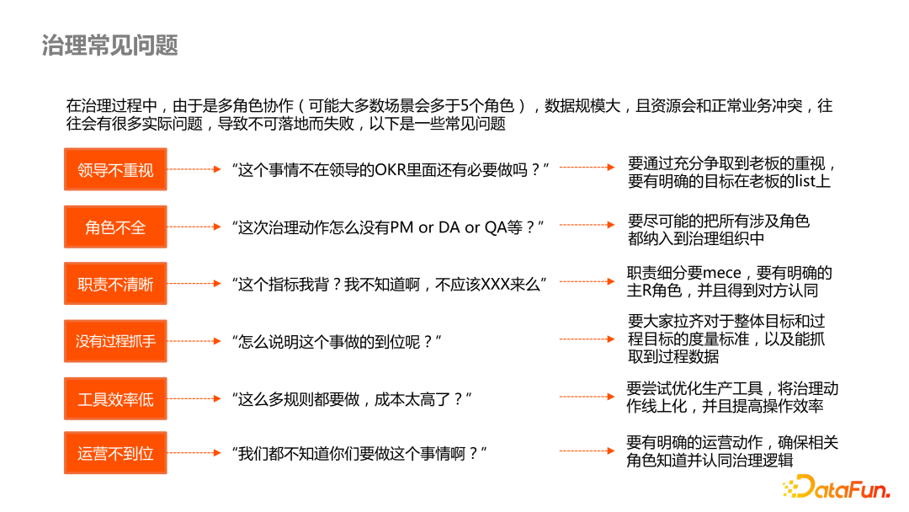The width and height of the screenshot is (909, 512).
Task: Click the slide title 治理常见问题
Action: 110,45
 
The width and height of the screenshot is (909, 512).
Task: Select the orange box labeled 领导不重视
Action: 115,169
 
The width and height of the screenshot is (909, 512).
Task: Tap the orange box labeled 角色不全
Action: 115,227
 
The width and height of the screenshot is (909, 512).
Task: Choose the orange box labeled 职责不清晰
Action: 115,284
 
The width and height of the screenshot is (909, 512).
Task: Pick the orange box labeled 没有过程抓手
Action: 115,341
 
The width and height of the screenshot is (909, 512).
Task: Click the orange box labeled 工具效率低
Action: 115,398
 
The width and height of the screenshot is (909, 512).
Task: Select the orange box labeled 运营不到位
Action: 115,453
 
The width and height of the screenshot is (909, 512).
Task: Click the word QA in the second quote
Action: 496,227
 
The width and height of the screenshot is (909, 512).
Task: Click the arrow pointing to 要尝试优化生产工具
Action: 588,397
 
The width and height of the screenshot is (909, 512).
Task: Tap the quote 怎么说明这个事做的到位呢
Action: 338,341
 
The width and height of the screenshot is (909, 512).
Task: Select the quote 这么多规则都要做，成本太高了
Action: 352,398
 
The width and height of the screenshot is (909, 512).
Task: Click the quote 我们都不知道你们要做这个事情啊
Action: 360,453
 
